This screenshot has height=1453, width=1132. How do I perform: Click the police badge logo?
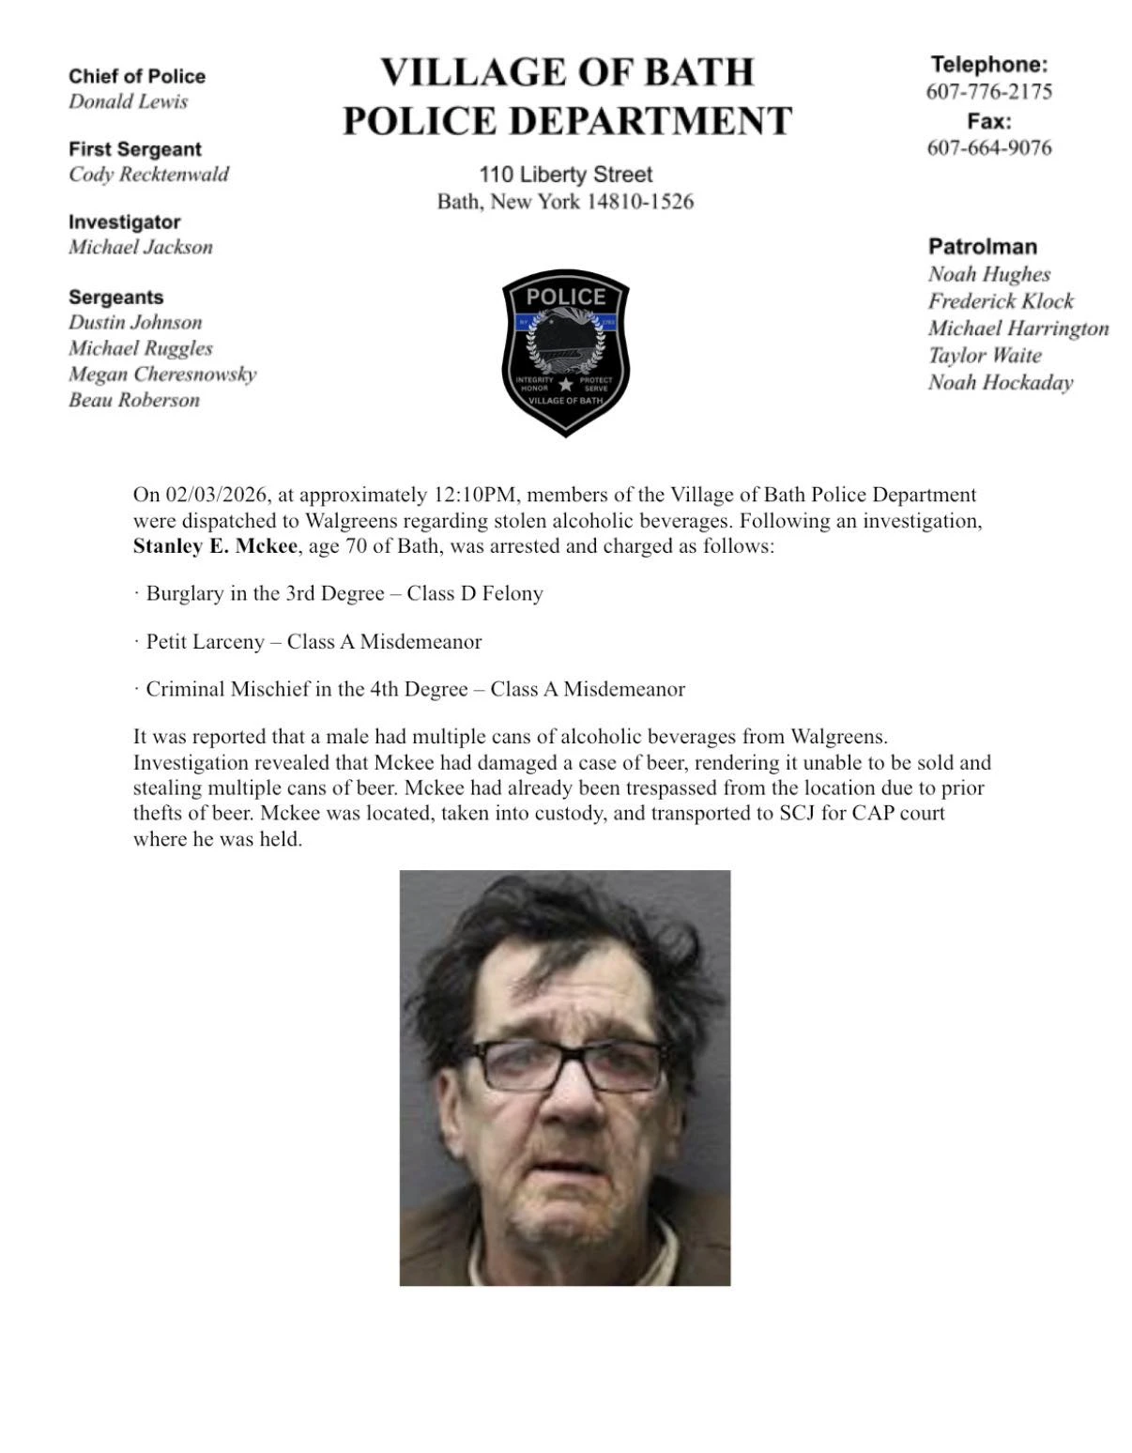click(565, 352)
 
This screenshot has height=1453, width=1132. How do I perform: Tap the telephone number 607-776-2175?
click(988, 91)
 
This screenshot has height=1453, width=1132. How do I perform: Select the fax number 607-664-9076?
click(988, 147)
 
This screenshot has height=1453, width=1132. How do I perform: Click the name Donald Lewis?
click(128, 101)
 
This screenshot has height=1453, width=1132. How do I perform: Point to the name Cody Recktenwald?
click(148, 175)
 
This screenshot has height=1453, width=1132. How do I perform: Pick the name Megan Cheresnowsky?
click(161, 374)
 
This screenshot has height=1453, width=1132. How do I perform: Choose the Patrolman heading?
click(982, 247)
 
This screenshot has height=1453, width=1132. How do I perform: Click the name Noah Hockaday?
click(1000, 382)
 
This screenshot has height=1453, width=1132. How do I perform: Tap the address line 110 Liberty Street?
click(565, 175)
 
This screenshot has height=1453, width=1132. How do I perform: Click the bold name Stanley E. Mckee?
click(215, 546)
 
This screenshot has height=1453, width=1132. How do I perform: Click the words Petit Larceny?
click(205, 642)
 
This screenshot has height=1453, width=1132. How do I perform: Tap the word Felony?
click(512, 593)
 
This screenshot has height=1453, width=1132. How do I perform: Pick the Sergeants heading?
click(115, 298)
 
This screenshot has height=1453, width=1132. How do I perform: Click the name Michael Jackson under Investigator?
click(140, 247)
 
